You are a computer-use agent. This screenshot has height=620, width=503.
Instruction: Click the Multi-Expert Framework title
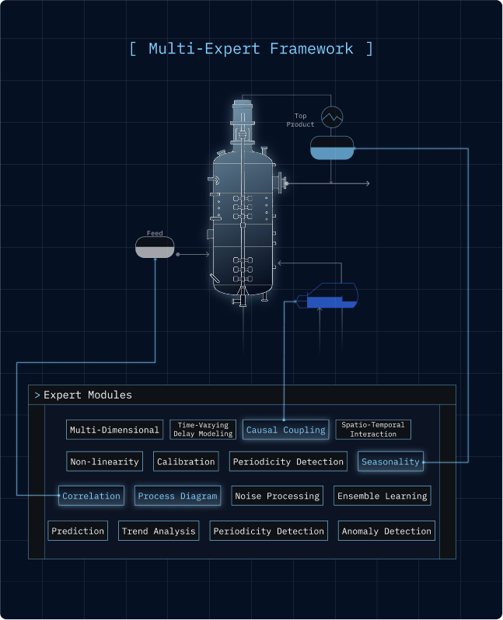(251, 49)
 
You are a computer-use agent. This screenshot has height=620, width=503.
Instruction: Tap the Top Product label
(300, 120)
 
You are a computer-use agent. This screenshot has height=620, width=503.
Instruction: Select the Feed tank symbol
(155, 247)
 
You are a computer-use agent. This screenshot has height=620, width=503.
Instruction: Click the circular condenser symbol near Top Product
(333, 117)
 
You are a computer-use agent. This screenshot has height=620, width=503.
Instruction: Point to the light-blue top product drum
(332, 148)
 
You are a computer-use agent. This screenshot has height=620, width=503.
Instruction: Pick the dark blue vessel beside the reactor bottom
(332, 297)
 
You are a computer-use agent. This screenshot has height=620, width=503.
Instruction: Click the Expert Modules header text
(87, 395)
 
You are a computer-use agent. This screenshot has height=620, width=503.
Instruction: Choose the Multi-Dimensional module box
(114, 430)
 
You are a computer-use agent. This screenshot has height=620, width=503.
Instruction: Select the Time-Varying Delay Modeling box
(203, 430)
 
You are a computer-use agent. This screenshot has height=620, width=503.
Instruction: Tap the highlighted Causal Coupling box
(285, 430)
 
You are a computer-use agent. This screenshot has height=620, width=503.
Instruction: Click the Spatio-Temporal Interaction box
(373, 430)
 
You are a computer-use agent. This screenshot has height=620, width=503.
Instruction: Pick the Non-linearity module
(105, 462)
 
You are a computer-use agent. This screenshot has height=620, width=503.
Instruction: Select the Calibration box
(186, 462)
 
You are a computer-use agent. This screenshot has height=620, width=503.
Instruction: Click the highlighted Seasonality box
(390, 462)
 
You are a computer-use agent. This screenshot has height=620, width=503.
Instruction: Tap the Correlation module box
(91, 496)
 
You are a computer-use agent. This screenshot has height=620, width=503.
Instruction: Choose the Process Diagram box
(177, 496)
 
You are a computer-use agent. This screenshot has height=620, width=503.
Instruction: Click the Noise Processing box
(277, 496)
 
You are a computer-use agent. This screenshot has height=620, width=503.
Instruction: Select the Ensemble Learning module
(382, 496)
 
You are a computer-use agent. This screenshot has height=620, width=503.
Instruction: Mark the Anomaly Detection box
(386, 531)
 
